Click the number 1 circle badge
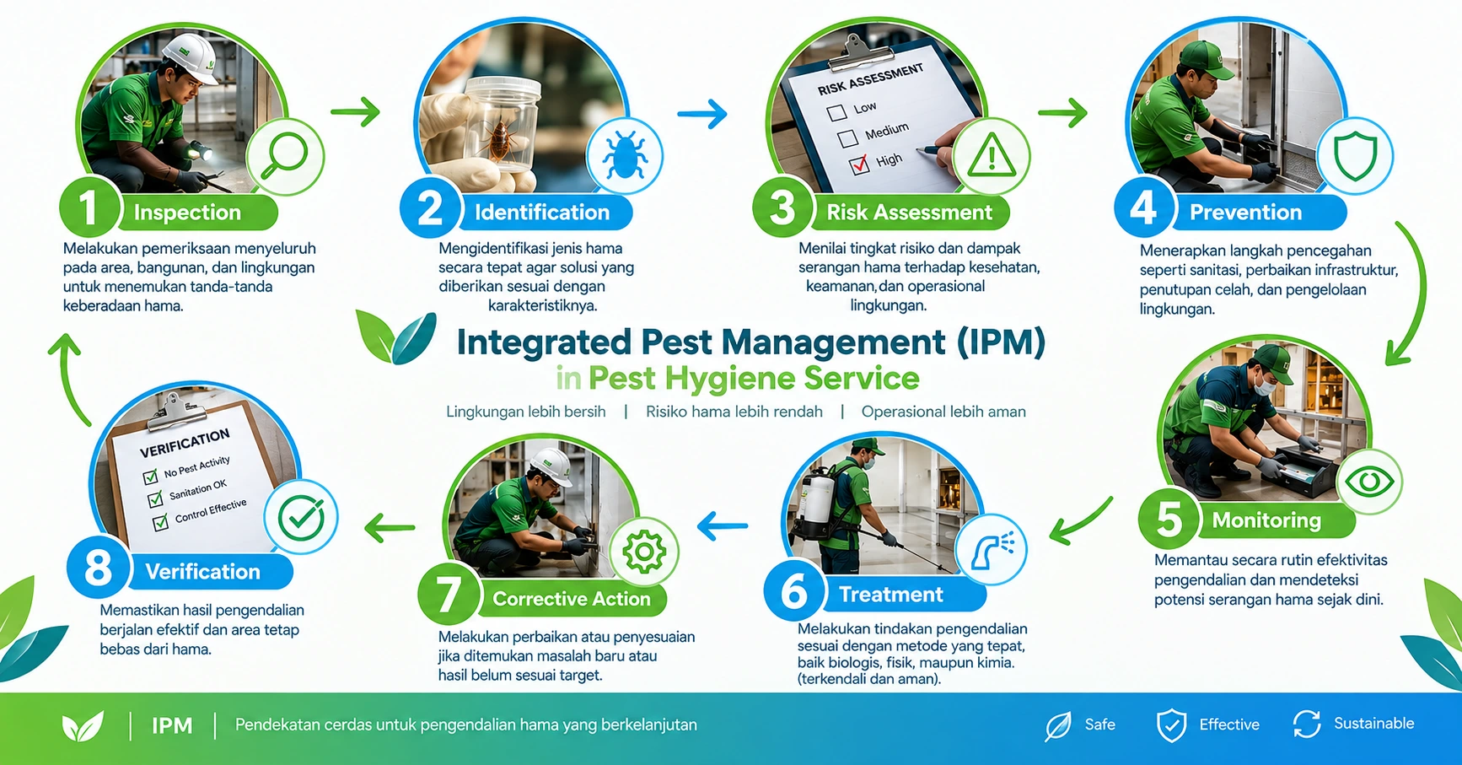pyautogui.click(x=89, y=208)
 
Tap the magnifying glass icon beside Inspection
pyautogui.click(x=285, y=157)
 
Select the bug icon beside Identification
pyautogui.click(x=625, y=155)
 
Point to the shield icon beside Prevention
pyautogui.click(x=1355, y=155)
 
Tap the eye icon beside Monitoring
pyautogui.click(x=1369, y=482)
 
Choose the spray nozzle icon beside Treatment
pyautogui.click(x=994, y=549)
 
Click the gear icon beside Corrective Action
pyautogui.click(x=644, y=552)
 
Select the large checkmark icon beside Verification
pyautogui.click(x=301, y=518)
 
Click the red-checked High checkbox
pyautogui.click(x=859, y=164)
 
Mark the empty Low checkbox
pyautogui.click(x=836, y=112)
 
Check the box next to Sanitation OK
pyautogui.click(x=155, y=499)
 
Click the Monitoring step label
pyautogui.click(x=1266, y=520)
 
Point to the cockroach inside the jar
pyautogui.click(x=503, y=137)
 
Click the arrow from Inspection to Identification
pyautogui.click(x=355, y=111)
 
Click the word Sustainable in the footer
pyautogui.click(x=1373, y=724)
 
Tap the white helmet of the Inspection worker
pyautogui.click(x=191, y=57)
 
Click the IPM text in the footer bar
pyautogui.click(x=172, y=725)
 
